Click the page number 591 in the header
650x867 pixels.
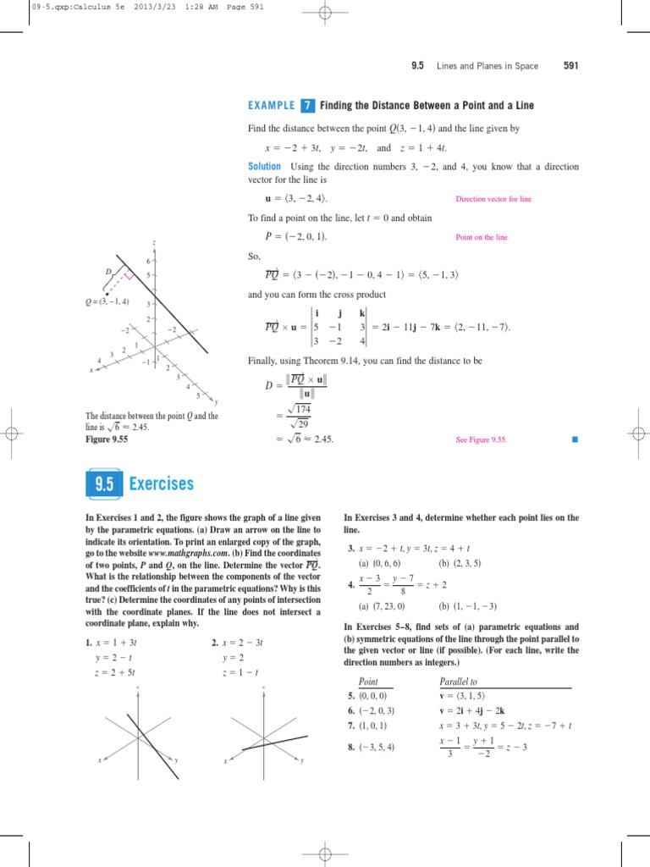click(x=570, y=67)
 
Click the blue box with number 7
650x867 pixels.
click(x=307, y=106)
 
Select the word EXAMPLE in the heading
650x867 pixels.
click(x=272, y=106)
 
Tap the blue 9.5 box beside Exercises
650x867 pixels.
click(x=104, y=484)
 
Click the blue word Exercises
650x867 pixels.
click(x=162, y=484)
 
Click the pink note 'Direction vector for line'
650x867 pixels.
click(x=493, y=199)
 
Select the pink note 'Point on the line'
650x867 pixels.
click(x=482, y=238)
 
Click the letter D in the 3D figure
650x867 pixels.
click(x=108, y=271)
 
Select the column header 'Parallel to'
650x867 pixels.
click(x=458, y=682)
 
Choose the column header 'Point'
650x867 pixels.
click(x=368, y=682)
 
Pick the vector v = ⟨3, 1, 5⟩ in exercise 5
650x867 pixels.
click(x=469, y=696)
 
